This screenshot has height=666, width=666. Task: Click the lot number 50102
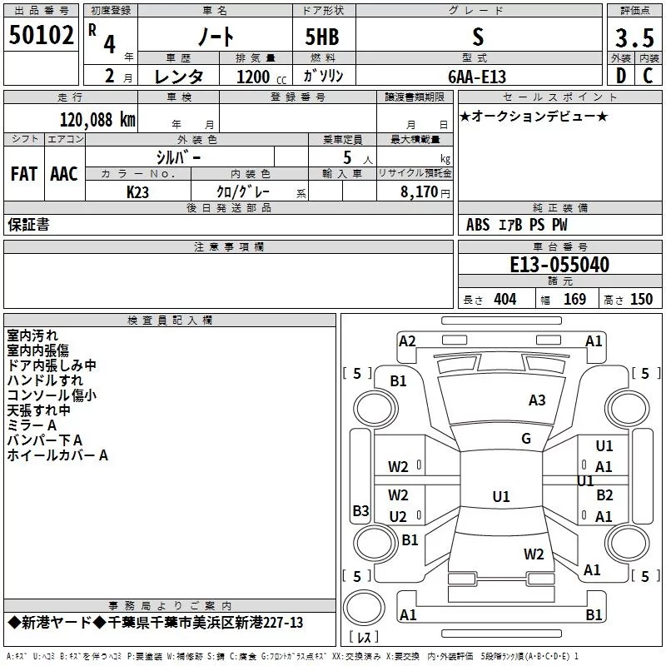click(x=41, y=36)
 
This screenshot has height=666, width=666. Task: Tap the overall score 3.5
click(x=633, y=37)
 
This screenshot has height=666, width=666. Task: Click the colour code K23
click(x=138, y=191)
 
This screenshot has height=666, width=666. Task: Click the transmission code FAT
click(x=23, y=174)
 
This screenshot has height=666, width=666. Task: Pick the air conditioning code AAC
click(x=63, y=174)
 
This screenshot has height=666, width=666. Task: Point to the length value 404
click(x=504, y=300)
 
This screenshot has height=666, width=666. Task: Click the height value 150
click(x=641, y=300)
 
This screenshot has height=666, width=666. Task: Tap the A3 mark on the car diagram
click(x=537, y=400)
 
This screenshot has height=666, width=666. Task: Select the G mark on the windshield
click(x=526, y=439)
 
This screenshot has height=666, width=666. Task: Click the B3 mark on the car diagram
click(x=360, y=510)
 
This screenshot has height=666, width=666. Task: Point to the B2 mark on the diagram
click(x=604, y=495)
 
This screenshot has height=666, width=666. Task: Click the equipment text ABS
click(x=478, y=225)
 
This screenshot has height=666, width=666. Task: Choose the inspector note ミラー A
click(x=31, y=425)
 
